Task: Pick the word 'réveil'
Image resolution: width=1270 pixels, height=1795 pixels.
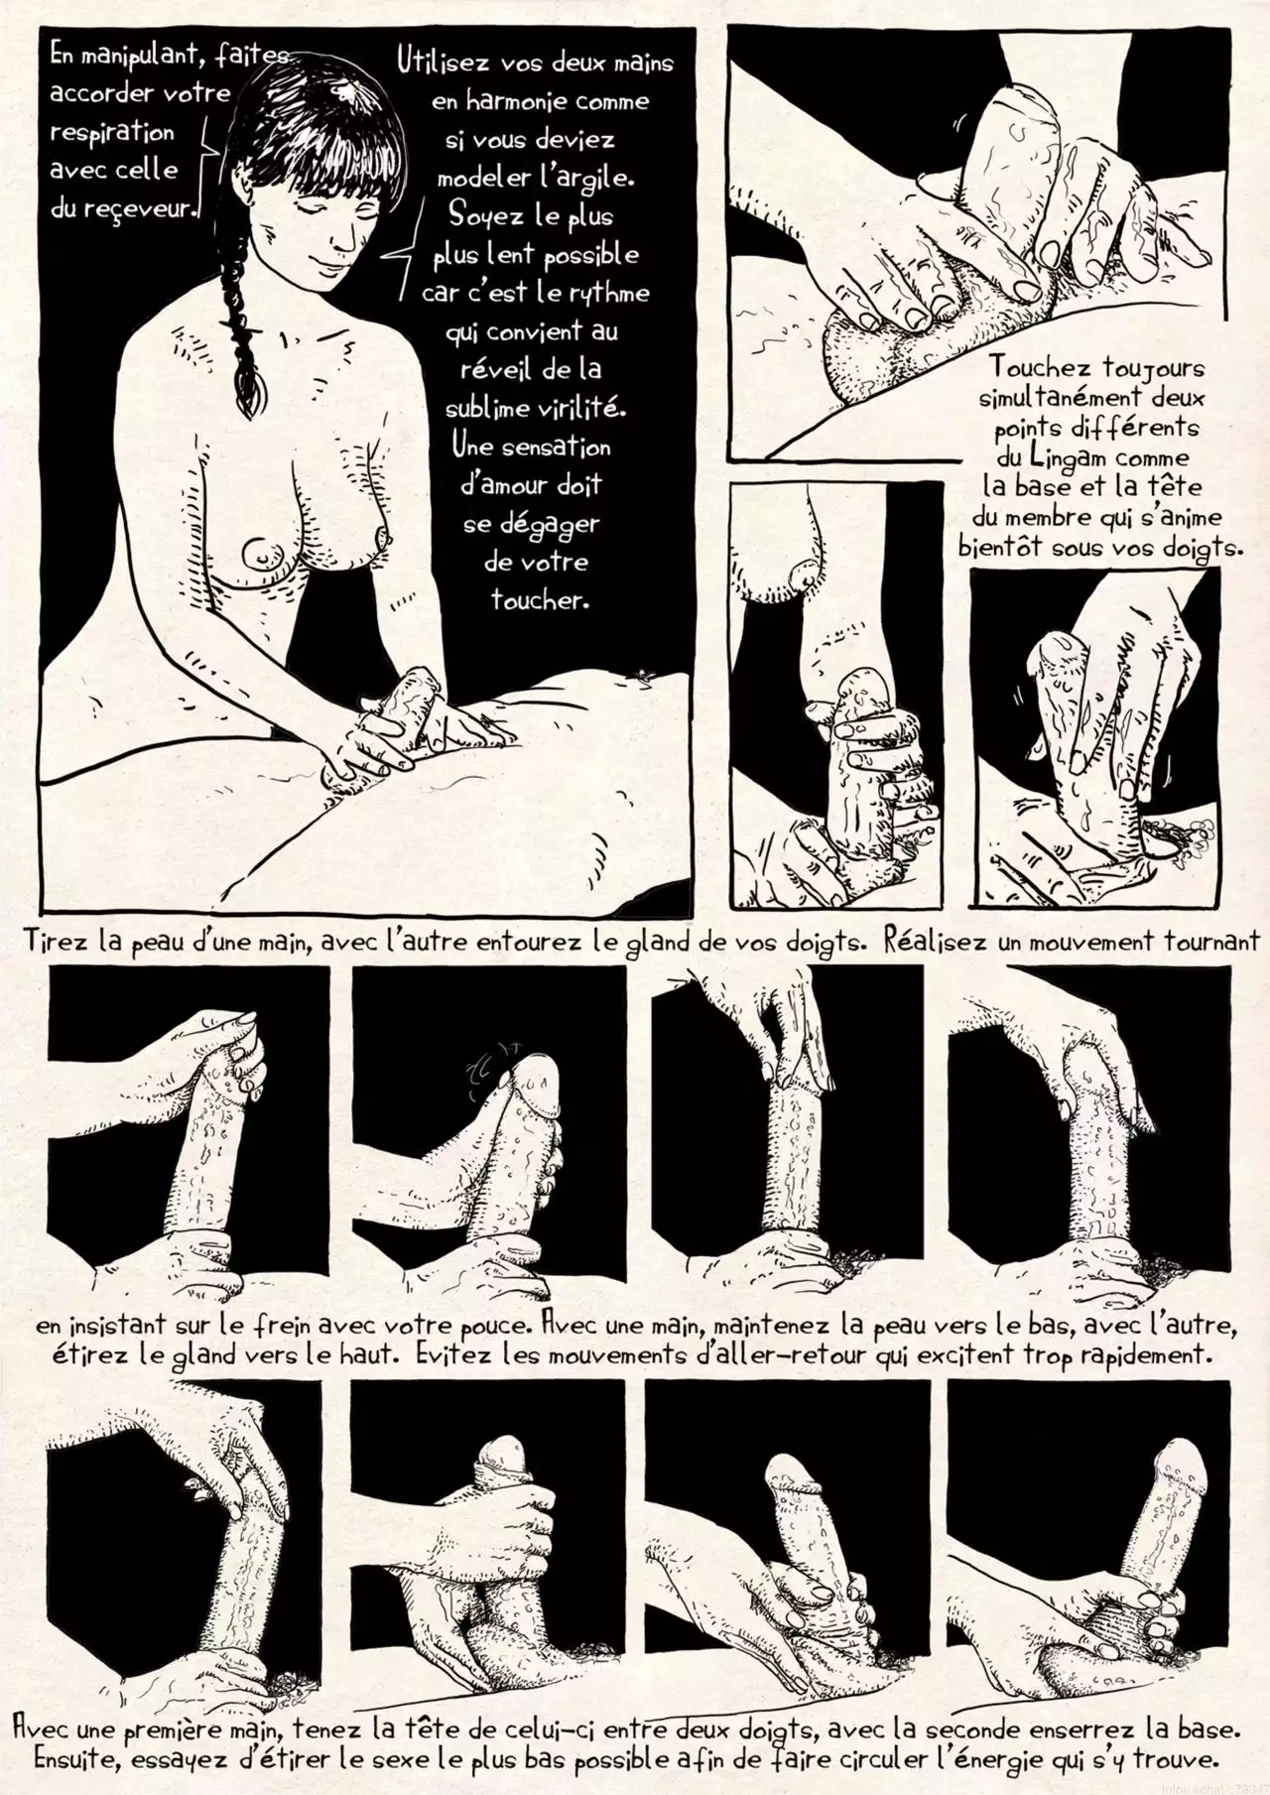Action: coord(499,369)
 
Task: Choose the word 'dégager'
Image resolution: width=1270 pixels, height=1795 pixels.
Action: coord(549,525)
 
